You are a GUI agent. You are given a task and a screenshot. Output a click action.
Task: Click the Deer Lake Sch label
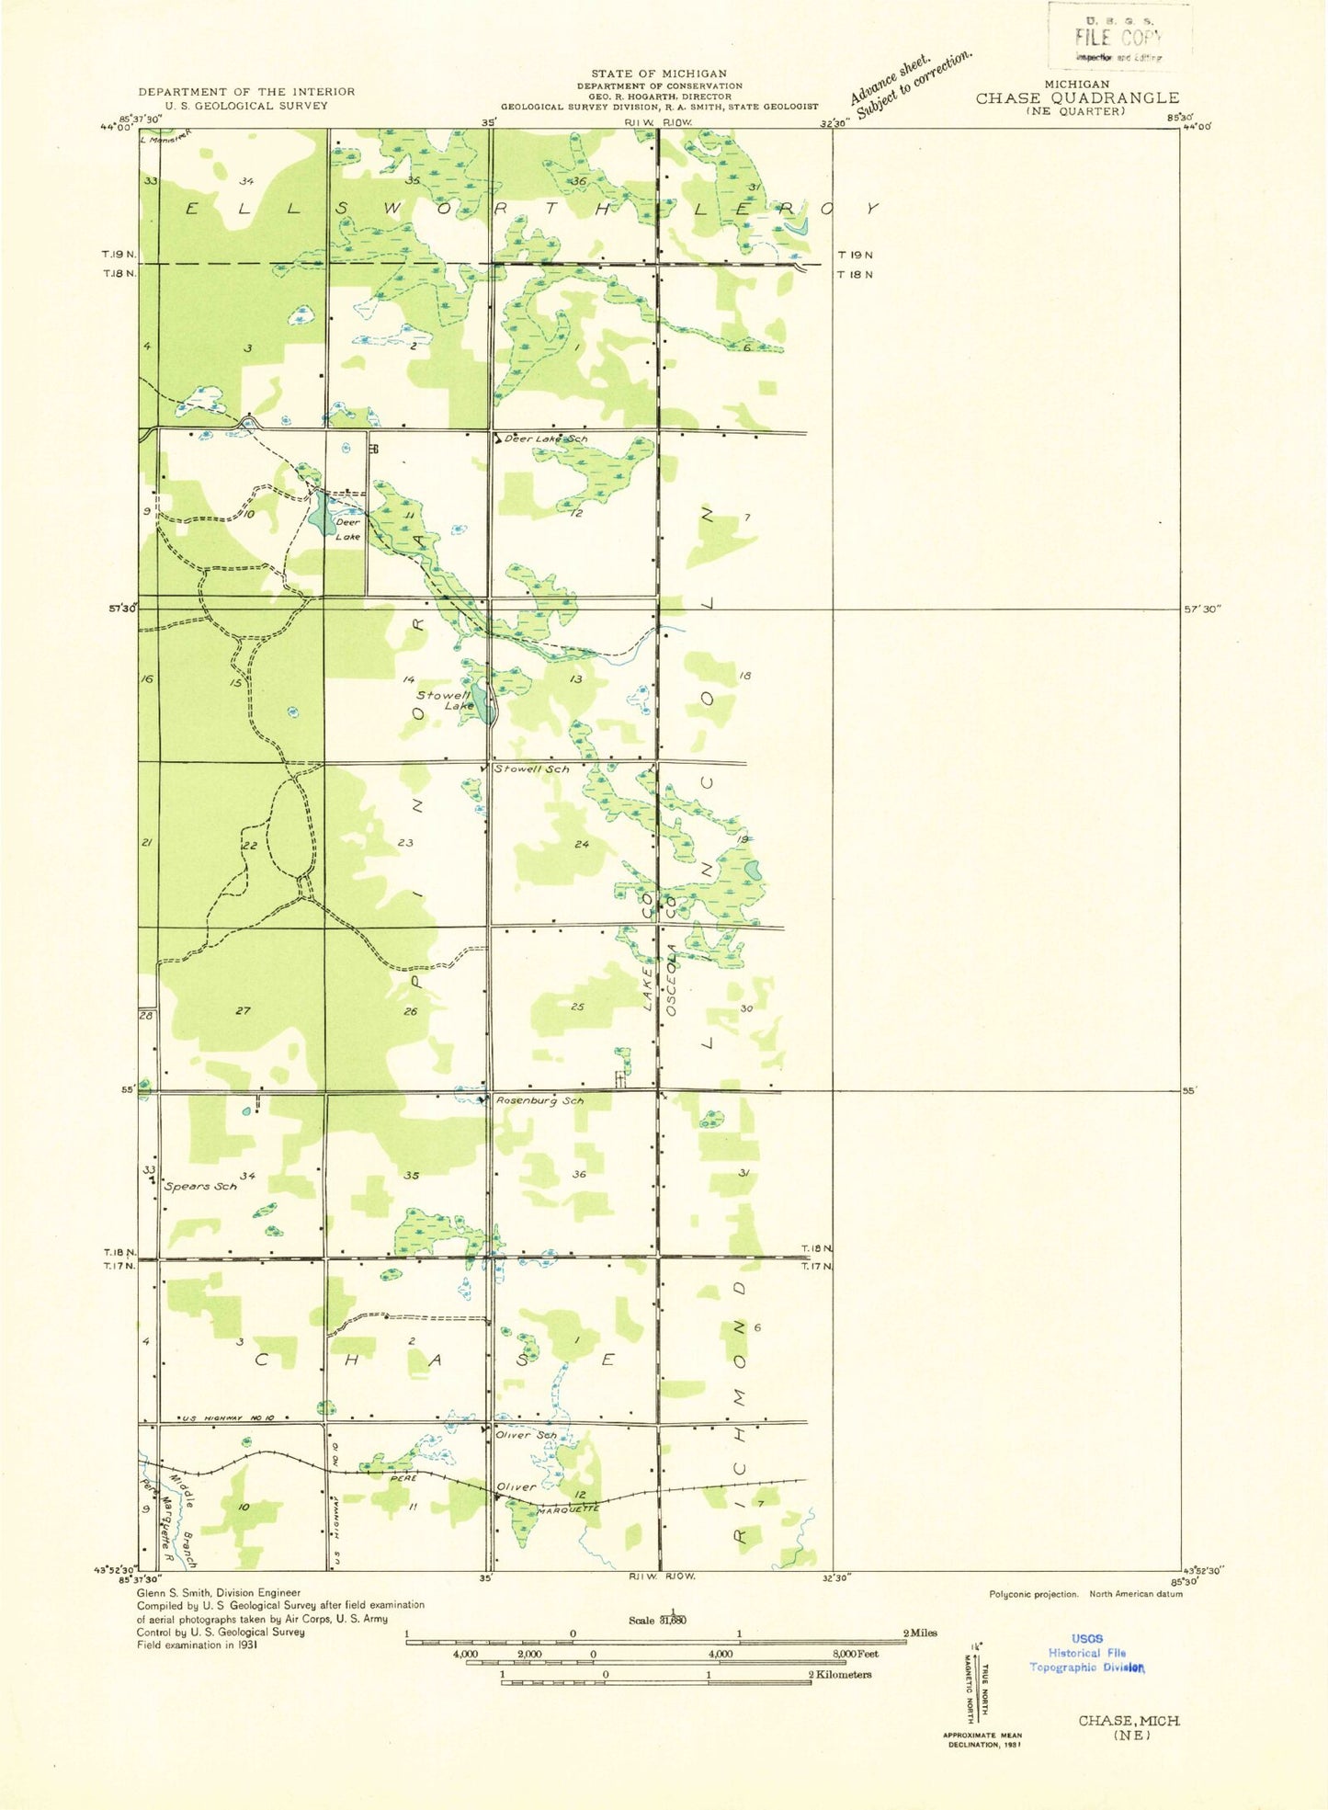pyautogui.click(x=545, y=439)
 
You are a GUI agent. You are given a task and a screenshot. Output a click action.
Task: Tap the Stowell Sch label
pyautogui.click(x=531, y=768)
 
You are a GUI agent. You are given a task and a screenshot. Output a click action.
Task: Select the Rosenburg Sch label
pyautogui.click(x=539, y=1100)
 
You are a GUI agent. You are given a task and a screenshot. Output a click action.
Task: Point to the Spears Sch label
pyautogui.click(x=200, y=1186)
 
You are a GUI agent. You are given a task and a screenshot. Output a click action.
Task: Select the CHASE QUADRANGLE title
pyautogui.click(x=1077, y=97)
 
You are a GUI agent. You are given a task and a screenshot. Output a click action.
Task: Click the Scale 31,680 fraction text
pyautogui.click(x=658, y=1620)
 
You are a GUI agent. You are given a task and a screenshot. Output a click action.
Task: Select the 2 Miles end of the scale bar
pyautogui.click(x=919, y=1633)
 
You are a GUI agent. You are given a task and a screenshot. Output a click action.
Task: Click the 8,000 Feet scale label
pyautogui.click(x=855, y=1654)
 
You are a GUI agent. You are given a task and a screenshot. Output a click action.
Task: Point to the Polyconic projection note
pyautogui.click(x=1033, y=1594)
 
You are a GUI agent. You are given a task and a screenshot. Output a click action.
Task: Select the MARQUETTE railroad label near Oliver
pyautogui.click(x=567, y=1509)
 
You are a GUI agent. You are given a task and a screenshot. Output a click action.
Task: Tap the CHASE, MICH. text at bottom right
pyautogui.click(x=1129, y=1720)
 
